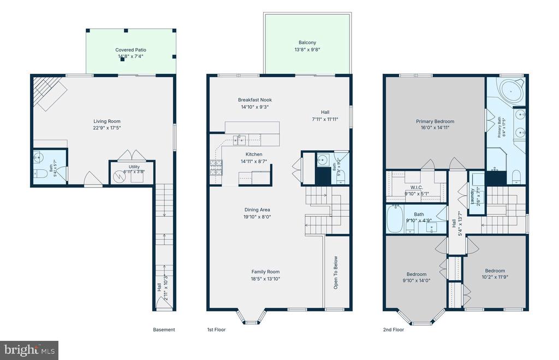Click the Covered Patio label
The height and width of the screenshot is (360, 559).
130,50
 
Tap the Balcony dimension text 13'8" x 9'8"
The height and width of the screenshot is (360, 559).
307,50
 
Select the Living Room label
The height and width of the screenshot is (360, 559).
107,121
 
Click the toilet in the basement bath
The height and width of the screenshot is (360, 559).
40,174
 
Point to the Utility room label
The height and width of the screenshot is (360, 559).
134,167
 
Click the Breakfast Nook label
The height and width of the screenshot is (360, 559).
255,100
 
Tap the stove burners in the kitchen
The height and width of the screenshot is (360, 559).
216,168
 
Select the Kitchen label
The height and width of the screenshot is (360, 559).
254,155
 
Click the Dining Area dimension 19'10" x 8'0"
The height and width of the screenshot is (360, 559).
258,216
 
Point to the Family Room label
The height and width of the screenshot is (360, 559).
266,272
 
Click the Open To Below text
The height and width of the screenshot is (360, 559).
336,272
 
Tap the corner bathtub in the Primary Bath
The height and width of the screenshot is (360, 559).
511,91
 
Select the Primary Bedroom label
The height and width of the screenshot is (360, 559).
435,121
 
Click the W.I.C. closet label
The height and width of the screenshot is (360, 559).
417,187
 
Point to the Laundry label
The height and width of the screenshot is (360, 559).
472,197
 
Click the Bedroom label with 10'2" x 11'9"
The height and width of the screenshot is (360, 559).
495,271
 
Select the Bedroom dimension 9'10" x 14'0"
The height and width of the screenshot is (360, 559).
417,281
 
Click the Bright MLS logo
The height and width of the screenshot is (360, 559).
29,350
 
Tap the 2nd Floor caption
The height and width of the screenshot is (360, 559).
394,329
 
